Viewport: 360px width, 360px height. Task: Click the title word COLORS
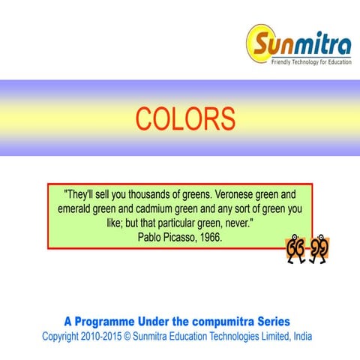click(185, 118)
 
